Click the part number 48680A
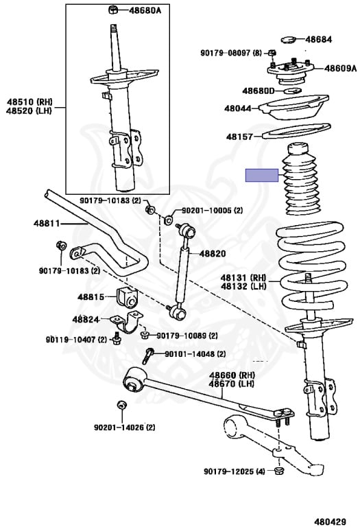(x=145, y=10)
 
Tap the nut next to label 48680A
(x=114, y=10)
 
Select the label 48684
(x=318, y=39)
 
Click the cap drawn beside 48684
(x=288, y=40)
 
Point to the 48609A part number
(x=340, y=68)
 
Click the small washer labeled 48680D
(x=292, y=91)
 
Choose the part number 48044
(x=238, y=108)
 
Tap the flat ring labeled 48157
(x=296, y=132)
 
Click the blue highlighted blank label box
(x=262, y=175)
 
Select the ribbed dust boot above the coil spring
(x=302, y=179)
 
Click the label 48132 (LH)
(x=243, y=286)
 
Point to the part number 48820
(x=213, y=253)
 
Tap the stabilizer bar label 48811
(x=47, y=223)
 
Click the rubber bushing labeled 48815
(x=127, y=297)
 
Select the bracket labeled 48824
(x=127, y=322)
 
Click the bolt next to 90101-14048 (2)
(x=148, y=355)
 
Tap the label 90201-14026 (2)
(x=125, y=428)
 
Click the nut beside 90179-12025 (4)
(x=278, y=471)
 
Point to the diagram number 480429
(x=330, y=522)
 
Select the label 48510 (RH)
(x=29, y=102)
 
